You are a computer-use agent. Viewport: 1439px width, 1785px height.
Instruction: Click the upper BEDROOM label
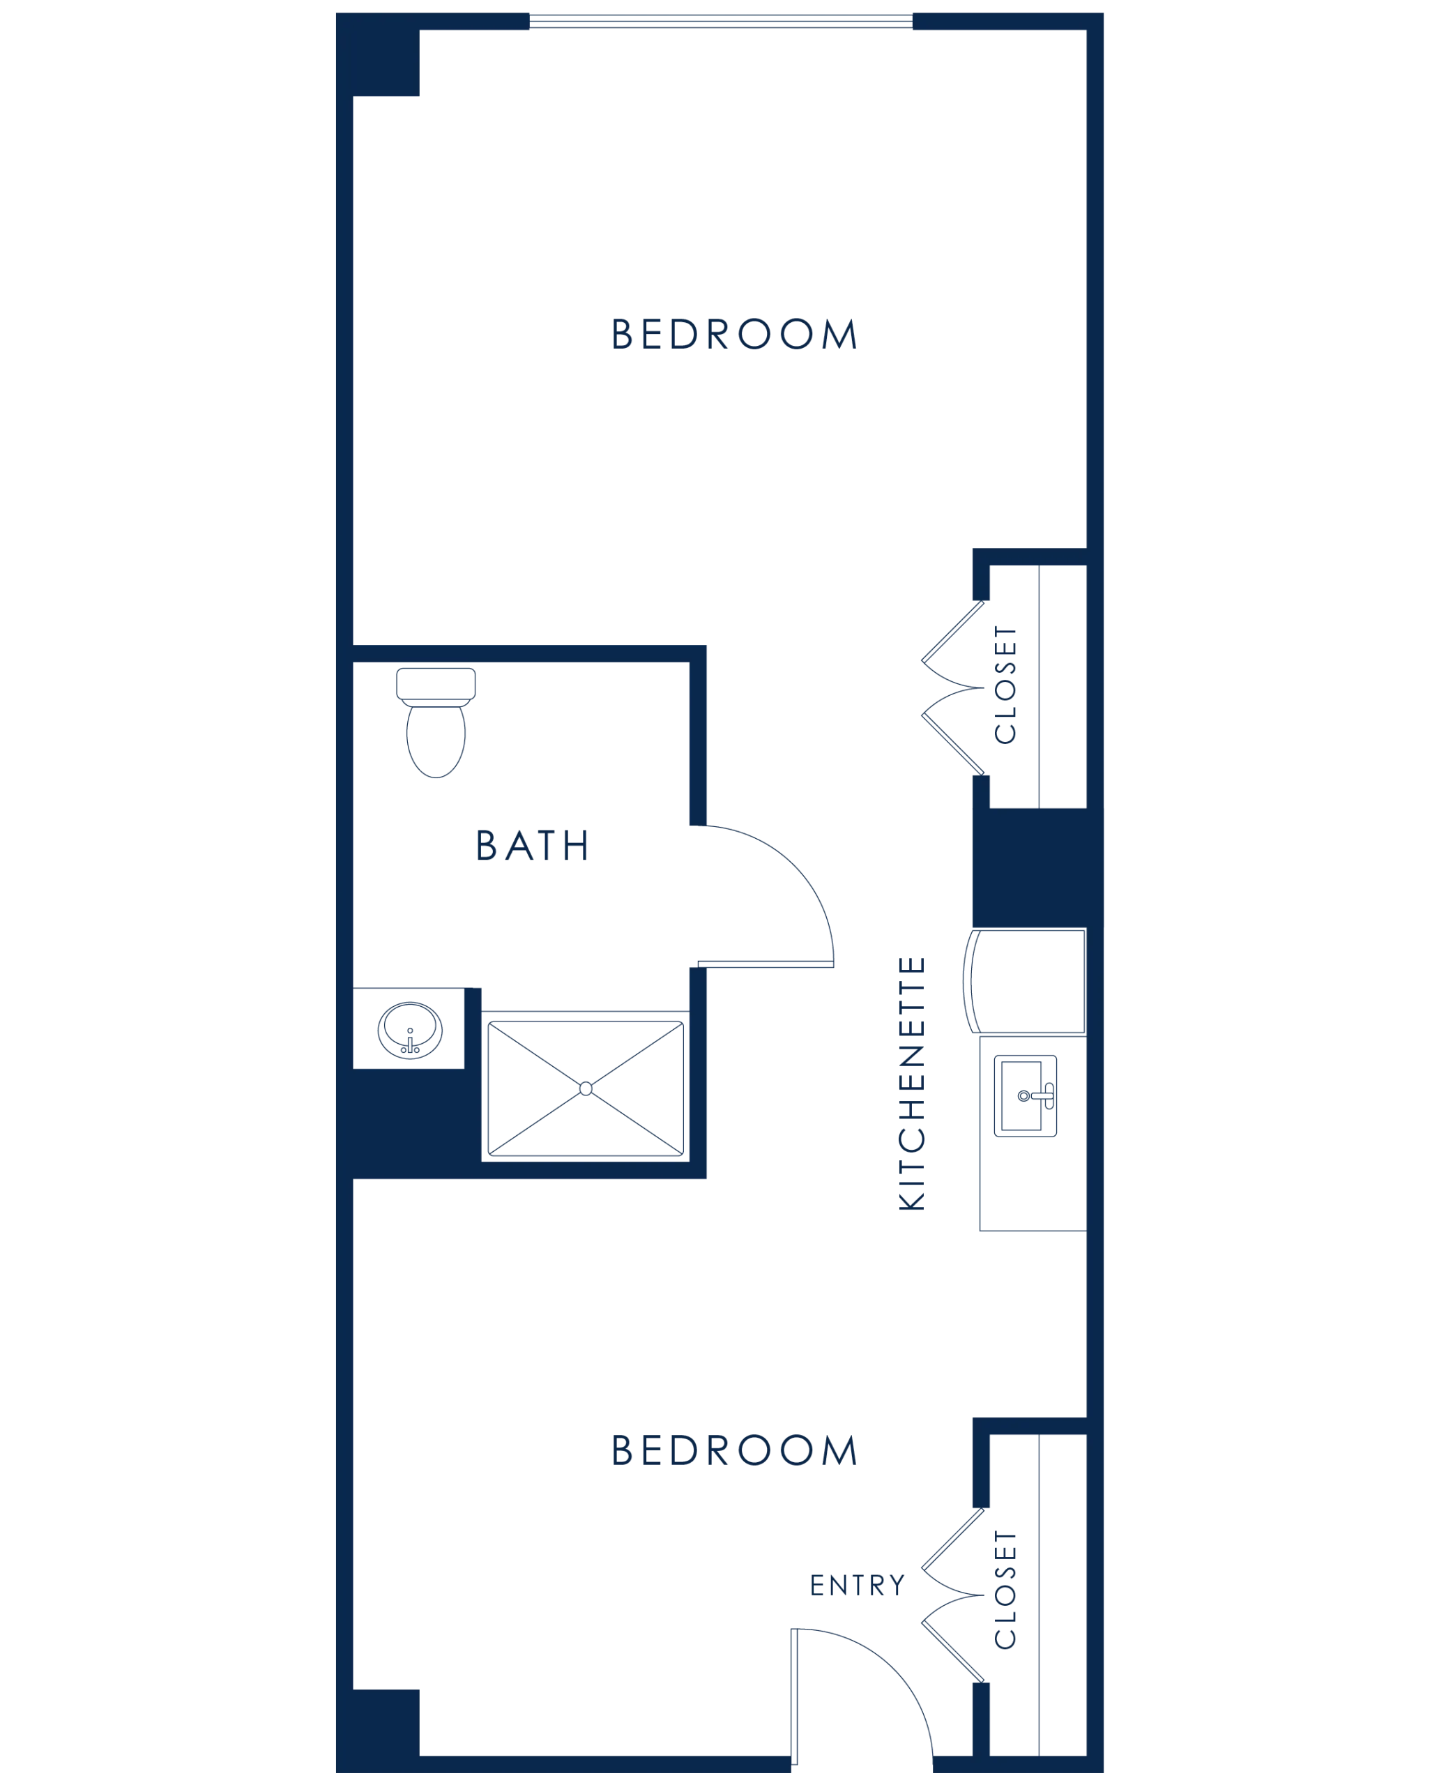click(733, 336)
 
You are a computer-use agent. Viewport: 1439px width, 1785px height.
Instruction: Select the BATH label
click(532, 846)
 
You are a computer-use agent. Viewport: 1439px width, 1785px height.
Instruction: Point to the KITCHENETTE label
click(913, 1082)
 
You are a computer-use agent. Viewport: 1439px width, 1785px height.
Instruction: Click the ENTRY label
click(855, 1585)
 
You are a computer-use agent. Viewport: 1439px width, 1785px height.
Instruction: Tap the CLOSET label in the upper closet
click(1006, 688)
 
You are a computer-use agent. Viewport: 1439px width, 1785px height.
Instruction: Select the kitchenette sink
click(1026, 1095)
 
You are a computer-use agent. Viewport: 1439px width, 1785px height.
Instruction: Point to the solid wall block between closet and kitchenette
click(1028, 867)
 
